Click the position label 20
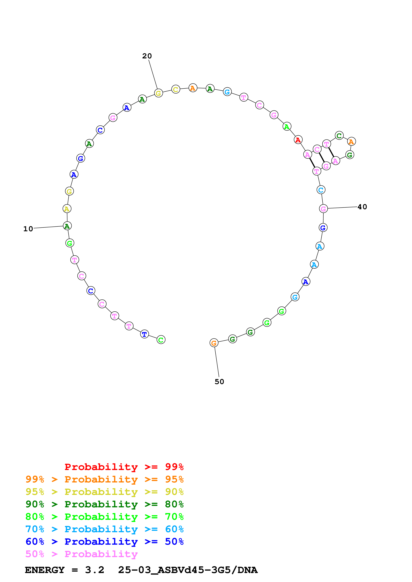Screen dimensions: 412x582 147,56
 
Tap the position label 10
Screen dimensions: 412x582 28,229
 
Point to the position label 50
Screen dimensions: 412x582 219,382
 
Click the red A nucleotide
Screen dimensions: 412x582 298,140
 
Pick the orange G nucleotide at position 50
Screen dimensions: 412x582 214,343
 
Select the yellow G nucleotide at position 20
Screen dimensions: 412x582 158,93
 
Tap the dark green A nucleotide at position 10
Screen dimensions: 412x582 67,226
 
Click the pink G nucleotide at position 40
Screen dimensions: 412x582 323,209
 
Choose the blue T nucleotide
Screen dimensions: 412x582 144,334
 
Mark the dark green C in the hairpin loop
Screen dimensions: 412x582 339,136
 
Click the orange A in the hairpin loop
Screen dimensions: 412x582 351,142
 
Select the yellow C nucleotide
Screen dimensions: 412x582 176,89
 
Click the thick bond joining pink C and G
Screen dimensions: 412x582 322,158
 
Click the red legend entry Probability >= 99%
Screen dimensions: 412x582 124,467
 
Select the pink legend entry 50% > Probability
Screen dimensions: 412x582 81,554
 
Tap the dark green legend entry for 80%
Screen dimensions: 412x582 104,504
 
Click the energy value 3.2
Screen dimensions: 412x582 94,570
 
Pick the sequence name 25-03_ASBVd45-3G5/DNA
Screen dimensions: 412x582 188,570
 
